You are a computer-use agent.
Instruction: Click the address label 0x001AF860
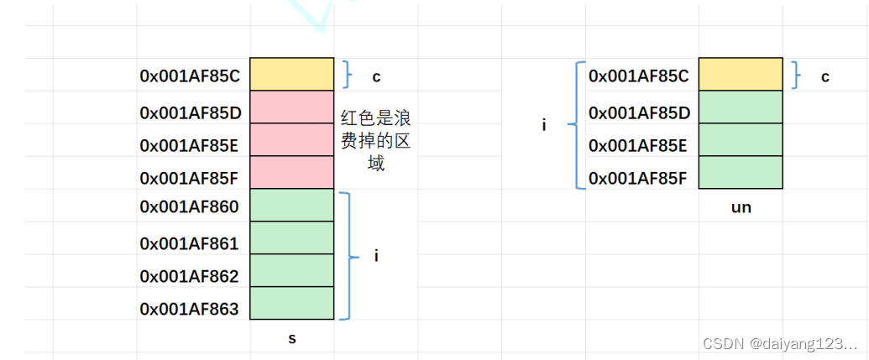point(190,207)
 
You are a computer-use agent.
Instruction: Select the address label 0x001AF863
point(190,310)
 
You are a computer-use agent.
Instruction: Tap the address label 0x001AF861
point(190,244)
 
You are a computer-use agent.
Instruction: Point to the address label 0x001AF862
point(190,277)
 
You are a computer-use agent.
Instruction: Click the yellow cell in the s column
point(292,74)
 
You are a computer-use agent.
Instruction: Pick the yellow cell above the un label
point(741,74)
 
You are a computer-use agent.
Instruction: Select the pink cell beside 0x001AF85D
point(292,107)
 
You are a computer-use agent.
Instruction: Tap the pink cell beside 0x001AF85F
point(292,172)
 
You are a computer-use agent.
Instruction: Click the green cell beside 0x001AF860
point(292,205)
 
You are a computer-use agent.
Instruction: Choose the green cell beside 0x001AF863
point(292,303)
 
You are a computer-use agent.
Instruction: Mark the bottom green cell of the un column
point(741,172)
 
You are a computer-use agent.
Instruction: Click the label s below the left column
point(292,339)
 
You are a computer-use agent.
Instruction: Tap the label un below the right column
point(741,207)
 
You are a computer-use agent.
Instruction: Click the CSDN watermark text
point(780,344)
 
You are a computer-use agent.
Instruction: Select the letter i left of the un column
point(544,125)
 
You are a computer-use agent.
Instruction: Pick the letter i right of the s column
point(376,256)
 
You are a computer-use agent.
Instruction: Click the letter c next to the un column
point(825,76)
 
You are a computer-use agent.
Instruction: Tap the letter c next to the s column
point(376,76)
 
